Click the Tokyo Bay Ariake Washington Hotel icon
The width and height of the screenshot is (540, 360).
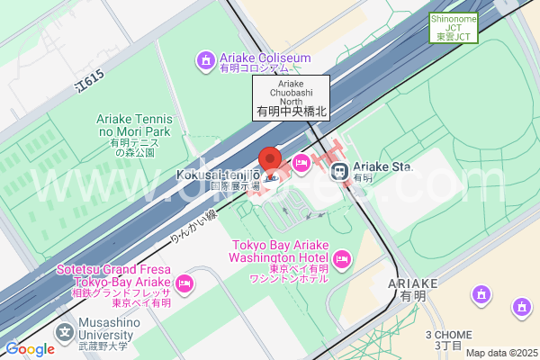click(x=341, y=260)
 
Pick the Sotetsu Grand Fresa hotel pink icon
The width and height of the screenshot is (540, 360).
click(x=184, y=283)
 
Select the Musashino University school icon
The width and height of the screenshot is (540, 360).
click(x=64, y=332)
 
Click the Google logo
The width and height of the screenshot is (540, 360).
click(x=30, y=349)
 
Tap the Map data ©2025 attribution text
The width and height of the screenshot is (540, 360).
click(x=499, y=352)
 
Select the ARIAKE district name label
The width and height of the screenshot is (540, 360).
click(x=414, y=288)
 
